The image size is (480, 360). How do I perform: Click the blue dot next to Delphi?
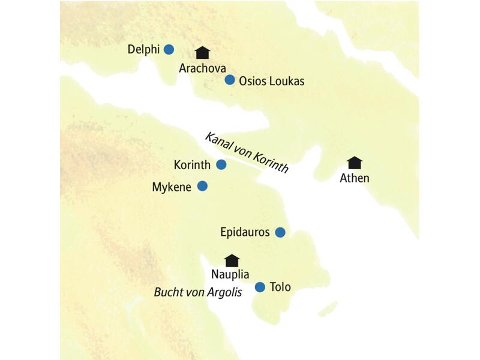point(169,49)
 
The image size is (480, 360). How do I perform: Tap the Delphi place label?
point(143,49)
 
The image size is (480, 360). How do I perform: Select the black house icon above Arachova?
point(203,53)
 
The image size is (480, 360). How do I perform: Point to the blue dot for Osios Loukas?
point(229,80)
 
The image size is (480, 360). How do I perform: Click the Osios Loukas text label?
point(271,80)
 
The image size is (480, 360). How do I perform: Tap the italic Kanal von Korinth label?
point(246,152)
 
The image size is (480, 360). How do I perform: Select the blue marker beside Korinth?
point(221,164)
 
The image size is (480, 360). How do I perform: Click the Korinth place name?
point(191,164)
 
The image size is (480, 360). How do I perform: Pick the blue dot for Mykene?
point(203,187)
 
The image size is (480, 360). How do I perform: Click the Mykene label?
point(172,187)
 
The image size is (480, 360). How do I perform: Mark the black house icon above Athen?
point(355,163)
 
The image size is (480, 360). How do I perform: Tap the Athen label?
point(355,178)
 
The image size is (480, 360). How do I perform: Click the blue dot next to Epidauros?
point(280,232)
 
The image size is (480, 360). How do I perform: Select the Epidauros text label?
point(245,232)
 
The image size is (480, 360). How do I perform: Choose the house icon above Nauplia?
point(232,260)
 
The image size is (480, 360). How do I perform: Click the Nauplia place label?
point(230,275)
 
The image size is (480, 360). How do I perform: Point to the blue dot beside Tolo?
point(260,287)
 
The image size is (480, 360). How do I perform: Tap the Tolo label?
point(280,287)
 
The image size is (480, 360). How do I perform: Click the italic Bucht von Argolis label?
point(198,293)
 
